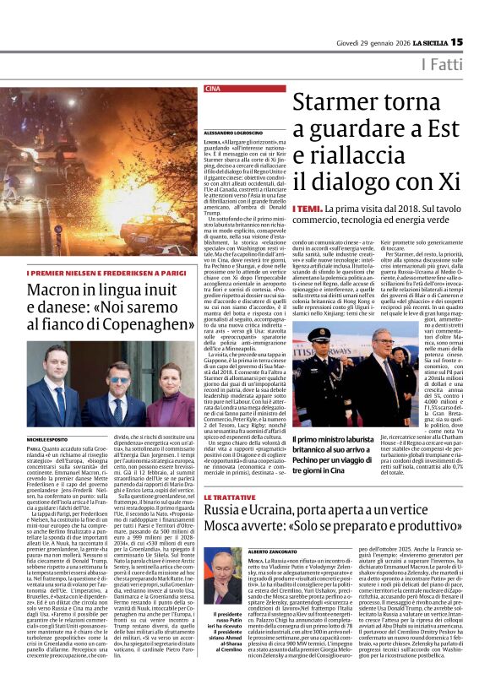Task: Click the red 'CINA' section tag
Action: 212,89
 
